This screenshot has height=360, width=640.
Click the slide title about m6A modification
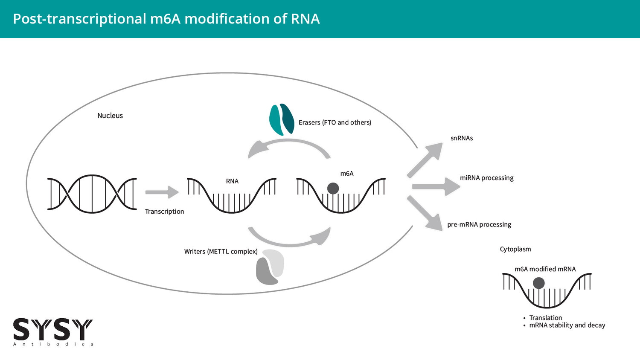[166, 19]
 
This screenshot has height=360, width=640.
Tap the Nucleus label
[110, 116]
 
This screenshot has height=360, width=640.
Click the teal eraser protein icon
[282, 119]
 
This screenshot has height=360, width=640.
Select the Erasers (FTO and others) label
[335, 122]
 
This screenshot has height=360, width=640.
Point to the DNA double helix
[92, 194]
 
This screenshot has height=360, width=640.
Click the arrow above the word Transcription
[162, 192]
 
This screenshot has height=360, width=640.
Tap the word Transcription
[164, 212]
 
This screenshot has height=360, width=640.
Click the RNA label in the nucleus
[232, 181]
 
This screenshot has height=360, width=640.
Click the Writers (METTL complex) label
[221, 252]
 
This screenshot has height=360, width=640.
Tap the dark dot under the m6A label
[333, 188]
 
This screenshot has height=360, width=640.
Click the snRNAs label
[462, 138]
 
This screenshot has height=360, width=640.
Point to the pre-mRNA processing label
[479, 225]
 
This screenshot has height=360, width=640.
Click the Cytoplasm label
[515, 249]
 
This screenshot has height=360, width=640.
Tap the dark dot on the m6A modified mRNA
[539, 283]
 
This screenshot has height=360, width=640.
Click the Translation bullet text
[545, 318]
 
